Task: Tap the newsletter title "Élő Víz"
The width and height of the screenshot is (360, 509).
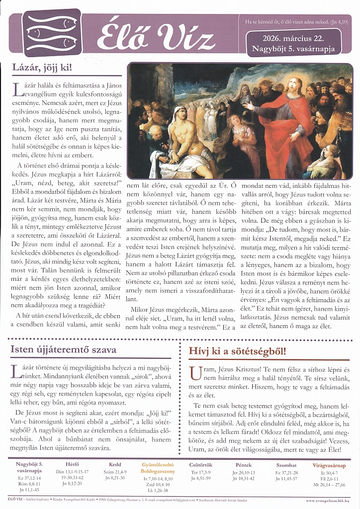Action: (x=155, y=37)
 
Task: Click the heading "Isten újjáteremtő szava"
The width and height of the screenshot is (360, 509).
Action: (x=63, y=349)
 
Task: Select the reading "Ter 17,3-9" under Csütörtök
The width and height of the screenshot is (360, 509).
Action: (x=201, y=472)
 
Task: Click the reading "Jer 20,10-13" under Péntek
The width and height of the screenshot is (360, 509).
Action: (x=244, y=472)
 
